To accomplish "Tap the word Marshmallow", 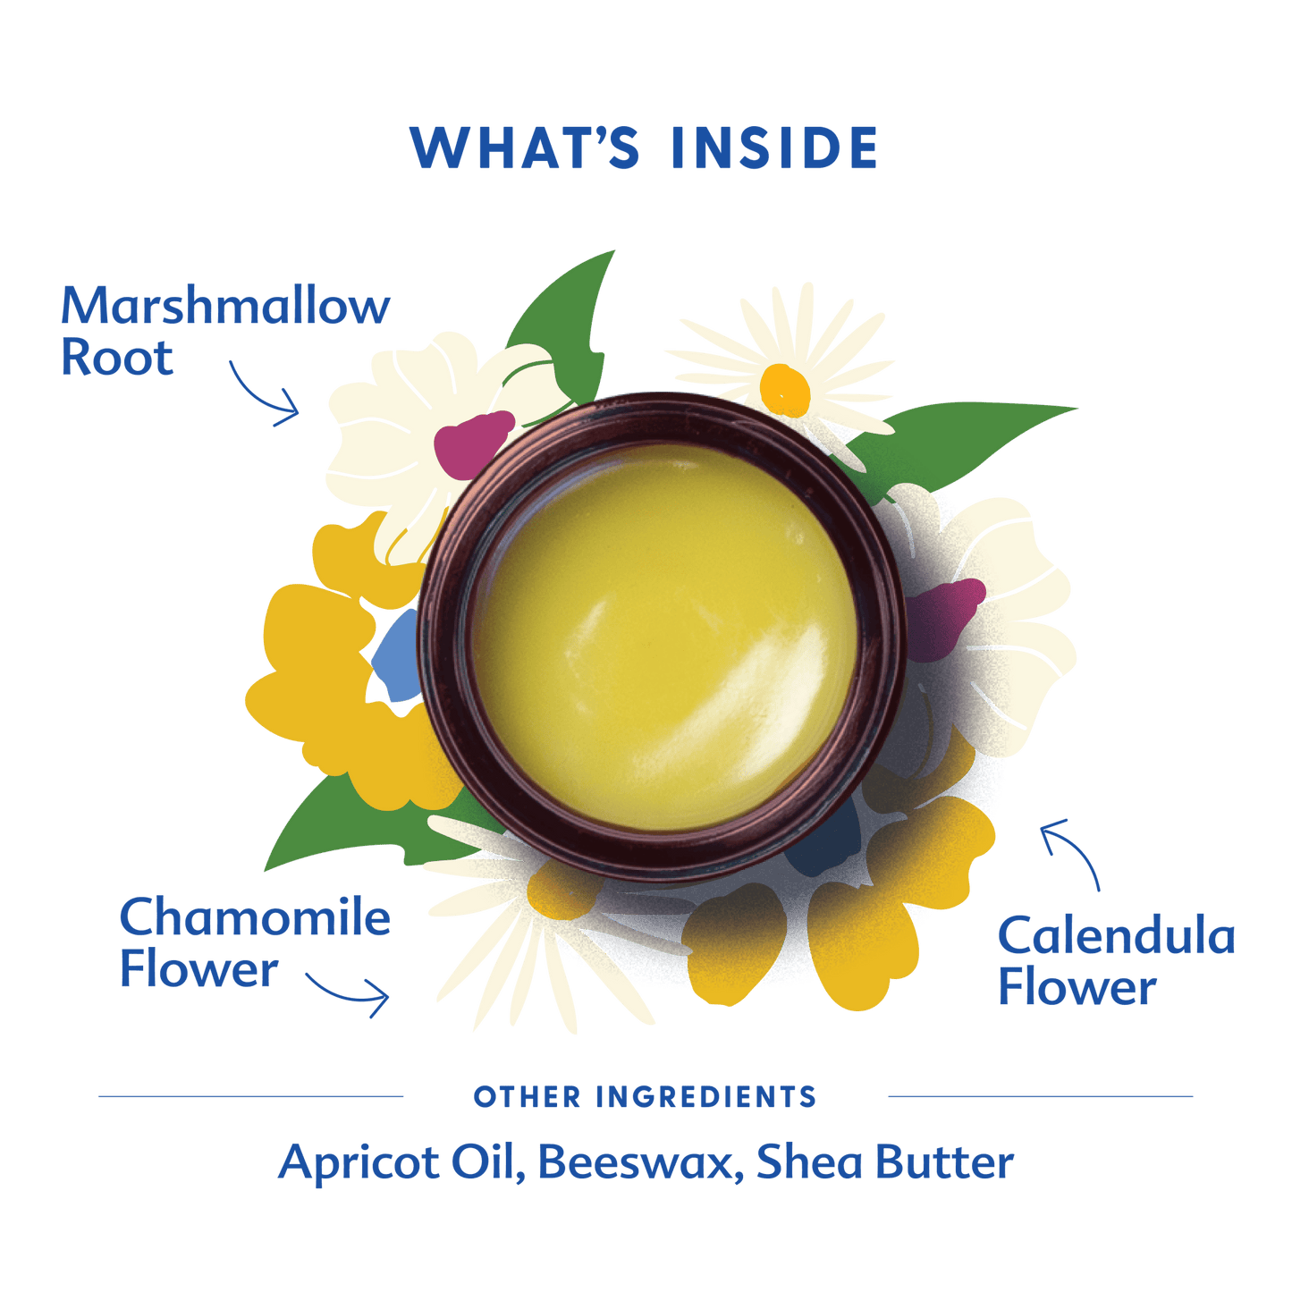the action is click(225, 306).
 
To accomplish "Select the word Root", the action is click(117, 358).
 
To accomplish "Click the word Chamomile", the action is click(255, 917).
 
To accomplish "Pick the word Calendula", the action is click(1117, 936).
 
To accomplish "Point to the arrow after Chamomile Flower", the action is click(348, 994).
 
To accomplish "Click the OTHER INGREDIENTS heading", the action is click(645, 1098).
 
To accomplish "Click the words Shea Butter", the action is click(885, 1162).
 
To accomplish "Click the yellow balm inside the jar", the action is click(663, 637).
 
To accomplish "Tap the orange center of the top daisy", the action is click(785, 390).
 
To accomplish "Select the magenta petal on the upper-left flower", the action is click(472, 443).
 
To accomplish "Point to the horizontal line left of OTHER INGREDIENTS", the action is click(250, 1097).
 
